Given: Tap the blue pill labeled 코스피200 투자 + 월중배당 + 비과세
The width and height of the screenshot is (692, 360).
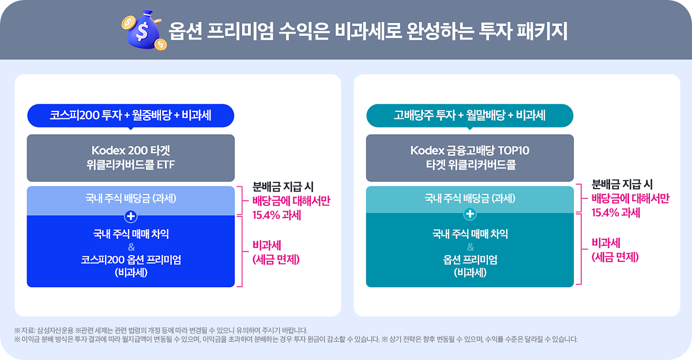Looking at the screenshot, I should (x=130, y=115).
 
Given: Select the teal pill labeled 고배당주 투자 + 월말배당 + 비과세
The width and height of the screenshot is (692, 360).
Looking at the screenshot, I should (x=470, y=115).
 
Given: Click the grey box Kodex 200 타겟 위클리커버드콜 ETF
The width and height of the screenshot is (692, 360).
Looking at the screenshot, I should (x=130, y=158).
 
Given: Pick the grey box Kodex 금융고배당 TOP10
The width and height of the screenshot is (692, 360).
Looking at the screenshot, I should (x=470, y=158).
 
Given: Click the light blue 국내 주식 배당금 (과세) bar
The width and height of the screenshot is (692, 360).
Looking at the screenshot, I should (x=130, y=198).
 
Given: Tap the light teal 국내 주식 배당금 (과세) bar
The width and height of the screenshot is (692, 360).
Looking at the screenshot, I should (x=470, y=198).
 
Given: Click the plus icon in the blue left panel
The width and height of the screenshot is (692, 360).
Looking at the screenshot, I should (x=131, y=216).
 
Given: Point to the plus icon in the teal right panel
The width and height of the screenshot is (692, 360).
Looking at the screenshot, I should (x=470, y=215).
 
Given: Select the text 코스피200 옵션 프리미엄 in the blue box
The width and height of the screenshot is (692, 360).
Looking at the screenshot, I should (x=131, y=260).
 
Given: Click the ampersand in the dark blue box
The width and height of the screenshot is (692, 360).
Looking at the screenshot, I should (x=131, y=247).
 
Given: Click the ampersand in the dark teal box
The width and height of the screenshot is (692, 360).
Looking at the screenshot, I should (x=470, y=247).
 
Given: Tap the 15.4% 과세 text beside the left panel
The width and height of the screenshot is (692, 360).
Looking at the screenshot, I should (x=277, y=215).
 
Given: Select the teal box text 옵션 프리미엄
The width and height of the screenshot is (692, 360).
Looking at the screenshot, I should (x=470, y=260).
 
